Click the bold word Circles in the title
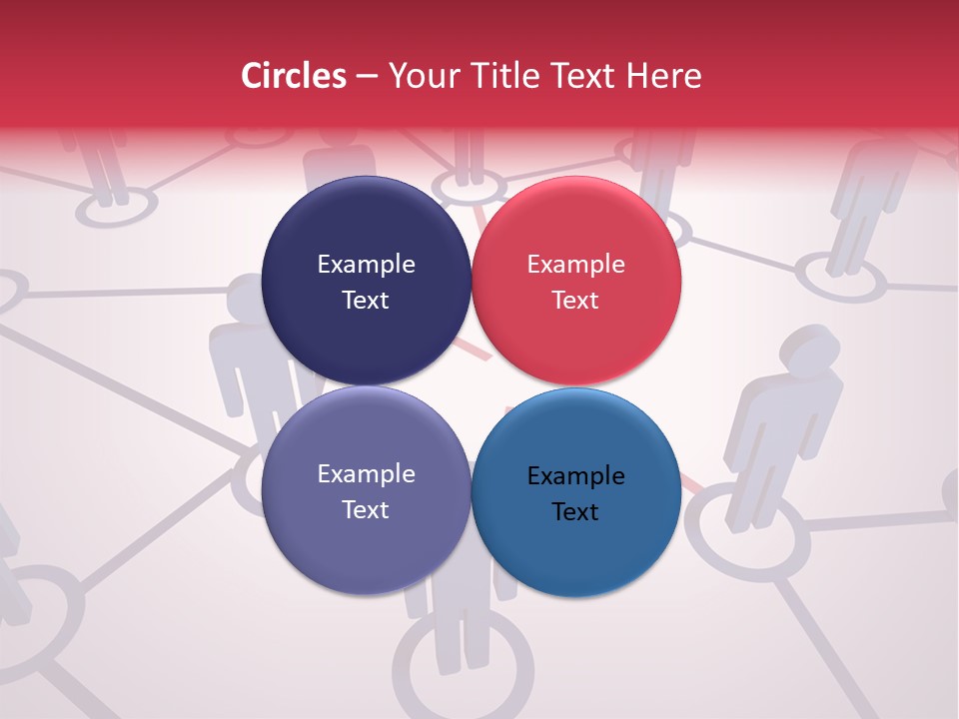(x=294, y=76)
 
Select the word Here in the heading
(x=665, y=76)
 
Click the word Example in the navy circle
(x=366, y=265)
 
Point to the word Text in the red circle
(x=575, y=301)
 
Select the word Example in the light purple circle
(x=366, y=474)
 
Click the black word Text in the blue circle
(x=575, y=512)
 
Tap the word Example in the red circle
(x=575, y=265)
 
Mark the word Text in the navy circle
(x=366, y=301)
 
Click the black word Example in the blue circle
(x=575, y=476)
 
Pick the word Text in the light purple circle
(x=366, y=510)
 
